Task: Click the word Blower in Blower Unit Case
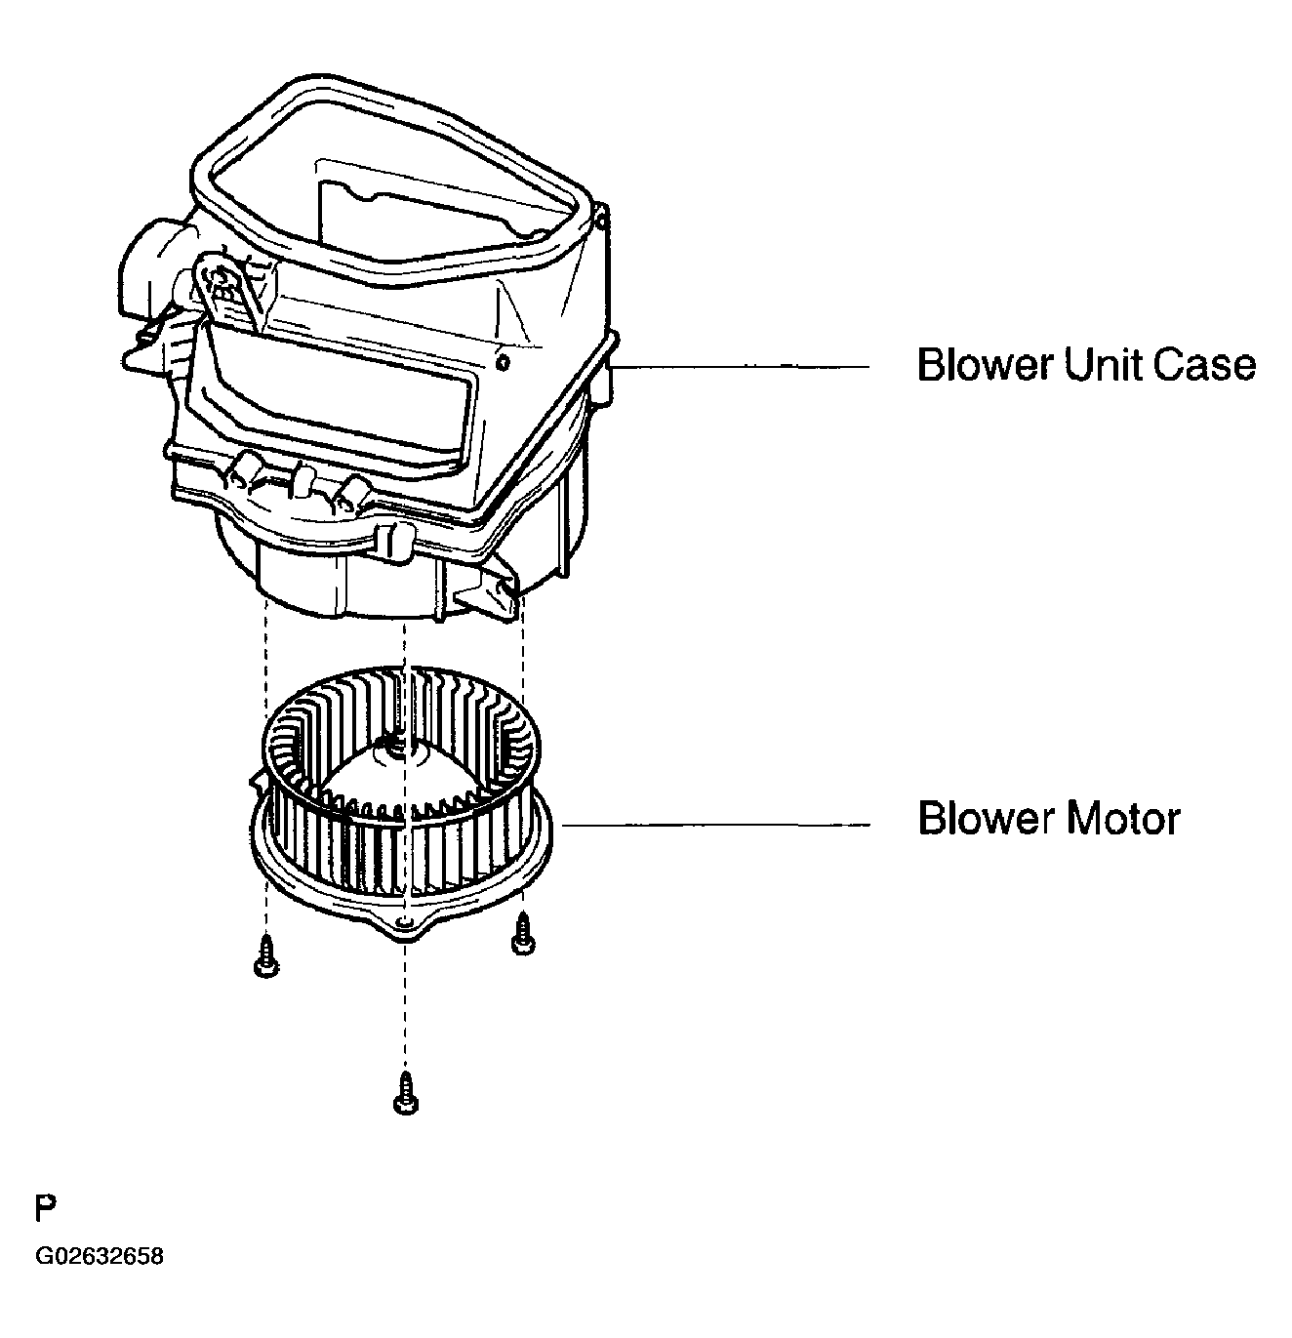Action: (985, 364)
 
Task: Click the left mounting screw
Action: (266, 955)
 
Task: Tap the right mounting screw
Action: (523, 934)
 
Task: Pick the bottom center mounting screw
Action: (406, 1092)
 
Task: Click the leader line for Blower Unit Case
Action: (743, 367)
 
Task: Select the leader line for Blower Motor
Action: (716, 824)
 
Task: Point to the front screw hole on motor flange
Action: (406, 919)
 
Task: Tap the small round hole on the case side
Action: (503, 362)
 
